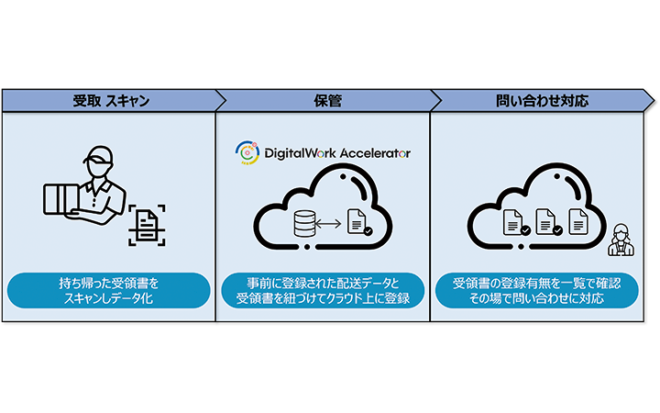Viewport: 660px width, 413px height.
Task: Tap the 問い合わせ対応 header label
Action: [x=538, y=100]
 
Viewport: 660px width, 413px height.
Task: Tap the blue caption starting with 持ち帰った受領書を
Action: [x=108, y=290]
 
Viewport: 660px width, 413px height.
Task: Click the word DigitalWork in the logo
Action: [x=302, y=153]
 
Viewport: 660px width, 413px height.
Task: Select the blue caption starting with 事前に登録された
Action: [x=323, y=290]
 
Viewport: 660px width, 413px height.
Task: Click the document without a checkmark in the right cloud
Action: [x=577, y=221]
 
